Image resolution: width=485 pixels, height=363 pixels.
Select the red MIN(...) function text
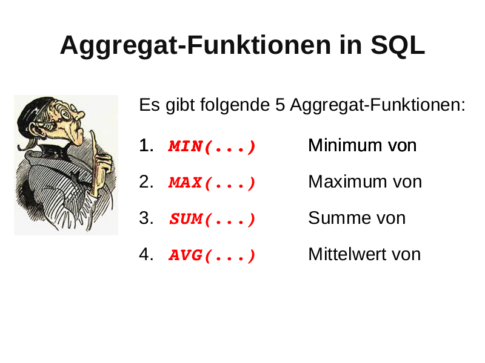click(212, 146)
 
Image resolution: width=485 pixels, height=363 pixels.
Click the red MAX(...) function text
click(212, 183)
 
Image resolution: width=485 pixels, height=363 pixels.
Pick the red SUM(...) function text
click(213, 219)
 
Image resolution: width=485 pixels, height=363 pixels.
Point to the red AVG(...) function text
click(212, 255)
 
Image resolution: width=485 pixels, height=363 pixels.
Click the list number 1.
click(146, 145)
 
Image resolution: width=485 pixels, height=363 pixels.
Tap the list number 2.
click(146, 182)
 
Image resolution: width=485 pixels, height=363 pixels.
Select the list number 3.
click(146, 218)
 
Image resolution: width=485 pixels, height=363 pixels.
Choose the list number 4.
click(146, 254)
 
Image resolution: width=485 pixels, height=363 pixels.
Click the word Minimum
click(345, 145)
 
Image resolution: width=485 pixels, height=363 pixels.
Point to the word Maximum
click(347, 181)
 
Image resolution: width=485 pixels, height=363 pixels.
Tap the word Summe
click(336, 218)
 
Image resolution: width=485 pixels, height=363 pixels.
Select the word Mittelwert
click(347, 254)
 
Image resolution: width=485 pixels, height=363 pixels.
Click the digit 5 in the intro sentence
click(280, 105)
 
